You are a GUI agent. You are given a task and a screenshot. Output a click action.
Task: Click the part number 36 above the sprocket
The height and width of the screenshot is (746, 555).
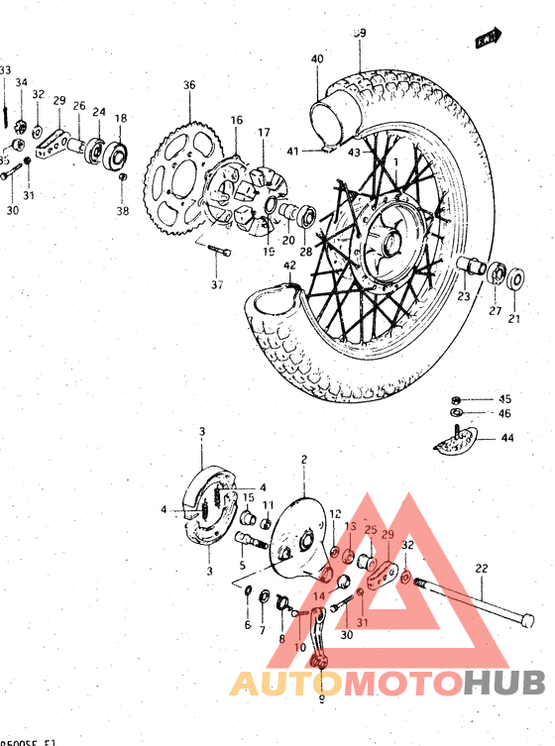[x=189, y=85]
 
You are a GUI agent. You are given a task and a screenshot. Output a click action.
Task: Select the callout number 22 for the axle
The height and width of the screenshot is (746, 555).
[x=482, y=569]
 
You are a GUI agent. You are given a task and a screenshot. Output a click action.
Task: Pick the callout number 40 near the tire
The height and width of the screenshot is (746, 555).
[x=316, y=59]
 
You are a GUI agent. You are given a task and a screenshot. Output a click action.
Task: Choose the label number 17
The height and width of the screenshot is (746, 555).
[x=264, y=132]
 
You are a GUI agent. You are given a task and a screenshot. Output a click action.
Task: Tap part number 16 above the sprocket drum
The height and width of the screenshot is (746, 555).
[x=236, y=120]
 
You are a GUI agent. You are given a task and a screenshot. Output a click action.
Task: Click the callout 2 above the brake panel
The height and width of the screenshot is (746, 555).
[x=304, y=460]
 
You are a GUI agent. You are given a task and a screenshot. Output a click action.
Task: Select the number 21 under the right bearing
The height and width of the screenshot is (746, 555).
[x=514, y=318]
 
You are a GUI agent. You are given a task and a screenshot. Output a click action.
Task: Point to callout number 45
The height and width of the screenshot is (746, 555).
[x=503, y=398]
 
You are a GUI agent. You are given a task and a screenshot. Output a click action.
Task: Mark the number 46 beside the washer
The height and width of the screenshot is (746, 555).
[x=503, y=413]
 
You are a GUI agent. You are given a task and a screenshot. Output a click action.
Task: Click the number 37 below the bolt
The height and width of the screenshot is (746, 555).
[x=217, y=285]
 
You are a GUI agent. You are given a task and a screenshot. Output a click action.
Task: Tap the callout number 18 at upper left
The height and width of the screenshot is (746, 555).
[x=121, y=119]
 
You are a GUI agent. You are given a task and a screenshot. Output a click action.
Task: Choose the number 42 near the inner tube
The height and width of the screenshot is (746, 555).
[x=289, y=266]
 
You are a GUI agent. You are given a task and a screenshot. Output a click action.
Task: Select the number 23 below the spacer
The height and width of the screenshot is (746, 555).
[x=463, y=296]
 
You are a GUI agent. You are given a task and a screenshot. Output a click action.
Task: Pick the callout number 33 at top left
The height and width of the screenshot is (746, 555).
[x=6, y=70]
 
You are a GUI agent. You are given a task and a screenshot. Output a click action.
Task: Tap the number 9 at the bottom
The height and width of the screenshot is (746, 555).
[x=321, y=696]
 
